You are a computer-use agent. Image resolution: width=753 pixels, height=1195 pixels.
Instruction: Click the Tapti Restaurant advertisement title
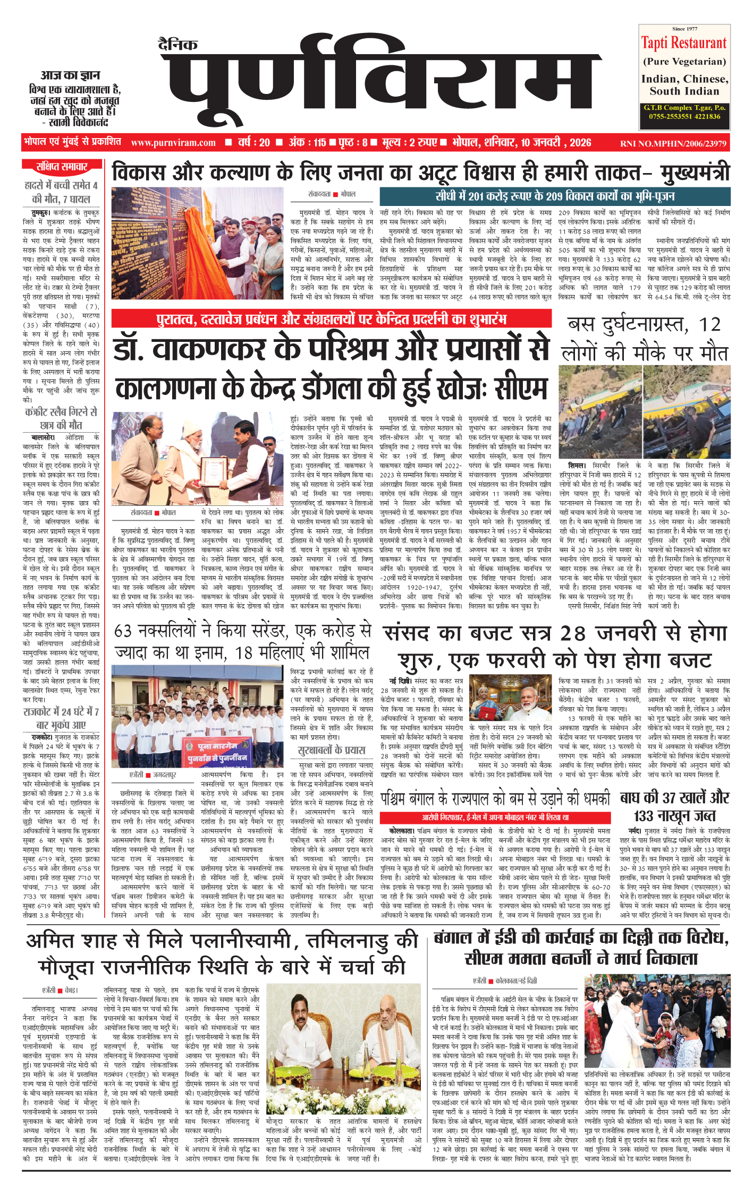684,43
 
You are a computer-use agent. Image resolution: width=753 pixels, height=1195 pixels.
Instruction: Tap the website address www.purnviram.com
173,143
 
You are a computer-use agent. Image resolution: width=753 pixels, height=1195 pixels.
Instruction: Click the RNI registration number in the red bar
673,143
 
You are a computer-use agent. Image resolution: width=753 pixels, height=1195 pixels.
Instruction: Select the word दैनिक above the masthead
178,45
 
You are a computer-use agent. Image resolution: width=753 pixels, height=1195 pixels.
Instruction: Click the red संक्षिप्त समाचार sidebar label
62,167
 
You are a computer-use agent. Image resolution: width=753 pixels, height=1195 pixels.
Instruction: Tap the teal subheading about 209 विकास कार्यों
555,196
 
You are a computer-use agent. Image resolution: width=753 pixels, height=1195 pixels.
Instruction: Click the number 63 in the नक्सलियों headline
123,631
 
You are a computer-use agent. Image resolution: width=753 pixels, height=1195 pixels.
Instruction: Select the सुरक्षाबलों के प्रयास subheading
332,750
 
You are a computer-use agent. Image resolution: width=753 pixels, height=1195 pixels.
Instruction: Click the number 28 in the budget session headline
573,633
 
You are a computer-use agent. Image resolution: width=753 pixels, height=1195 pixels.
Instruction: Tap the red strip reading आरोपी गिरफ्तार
495,817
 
